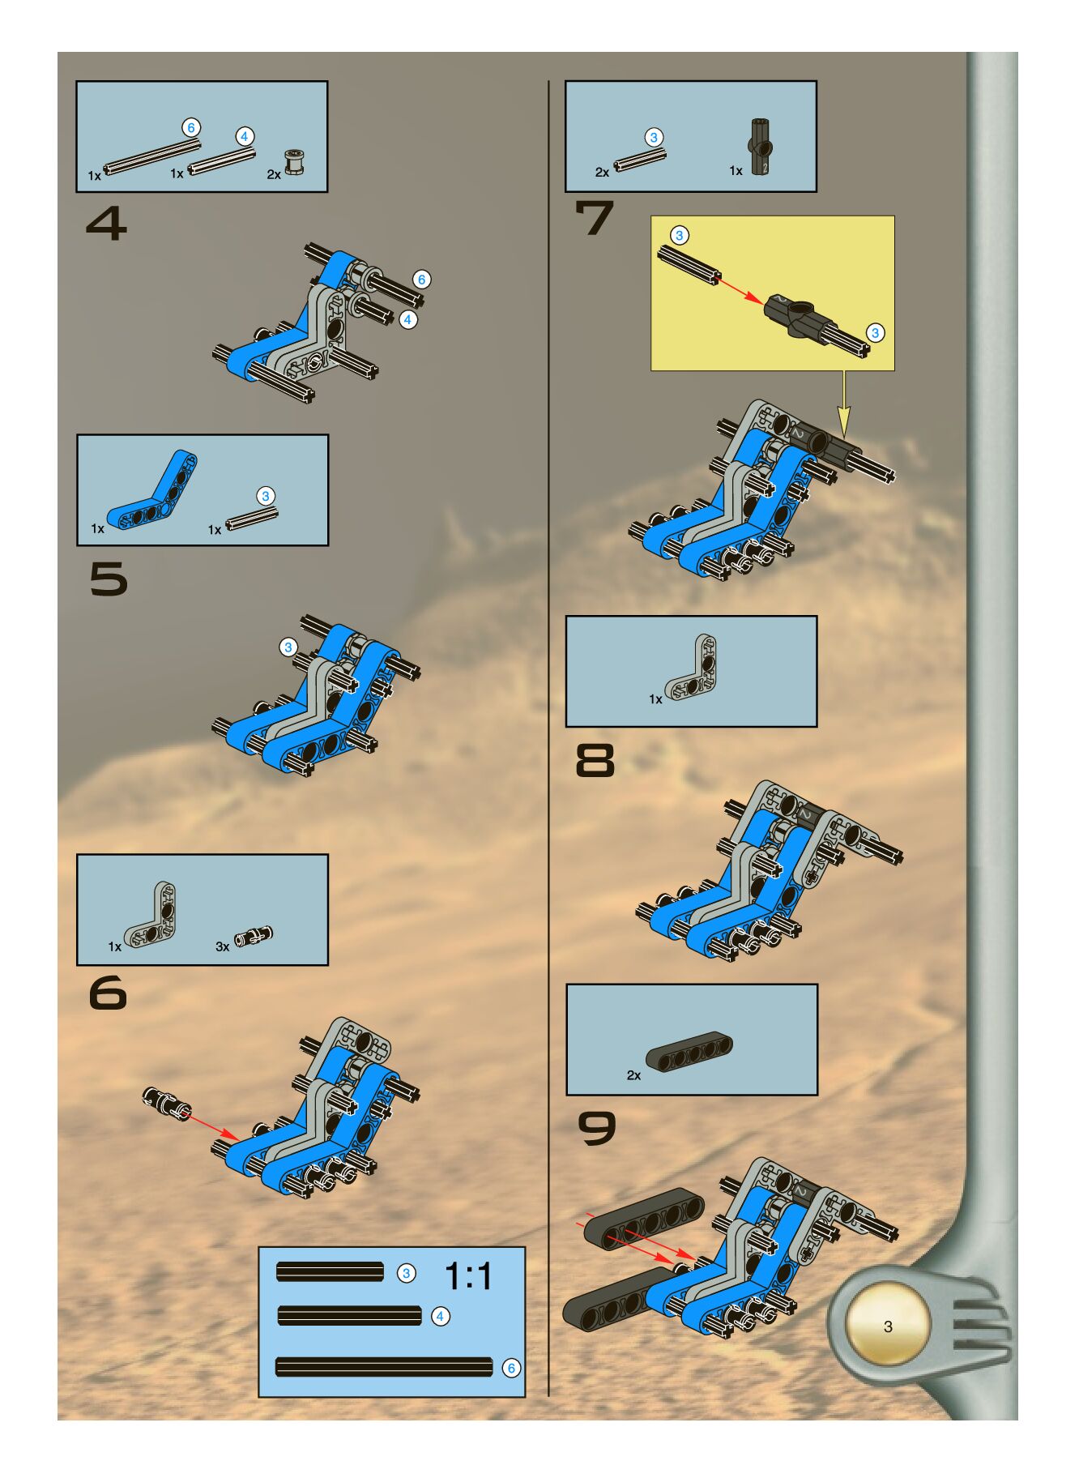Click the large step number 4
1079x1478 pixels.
[x=107, y=224]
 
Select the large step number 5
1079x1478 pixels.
[x=109, y=579]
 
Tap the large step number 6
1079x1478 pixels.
[x=108, y=993]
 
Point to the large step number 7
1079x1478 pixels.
[x=595, y=218]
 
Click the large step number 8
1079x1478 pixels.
[x=595, y=761]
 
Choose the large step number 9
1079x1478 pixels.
[x=596, y=1128]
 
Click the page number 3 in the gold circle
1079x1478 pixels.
[x=888, y=1326]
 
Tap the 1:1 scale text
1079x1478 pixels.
[x=469, y=1277]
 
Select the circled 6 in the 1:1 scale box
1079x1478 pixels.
[x=511, y=1368]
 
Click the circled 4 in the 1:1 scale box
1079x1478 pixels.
[x=440, y=1316]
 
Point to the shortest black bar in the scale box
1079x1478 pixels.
[x=330, y=1272]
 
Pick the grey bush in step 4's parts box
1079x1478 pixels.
[x=294, y=162]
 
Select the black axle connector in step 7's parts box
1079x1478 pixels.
[x=760, y=147]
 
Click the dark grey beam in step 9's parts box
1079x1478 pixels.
[x=689, y=1052]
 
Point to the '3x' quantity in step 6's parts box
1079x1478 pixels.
[x=222, y=946]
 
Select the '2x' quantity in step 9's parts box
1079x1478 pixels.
[x=633, y=1075]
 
